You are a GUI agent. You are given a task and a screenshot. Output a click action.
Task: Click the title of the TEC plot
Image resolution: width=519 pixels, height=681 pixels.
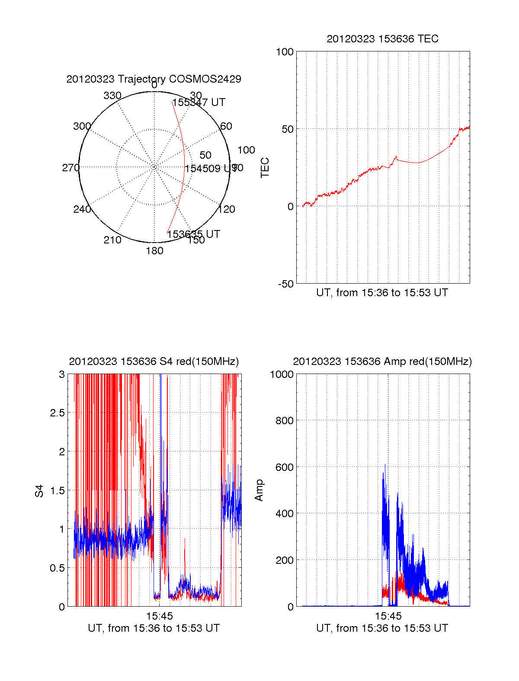coord(382,39)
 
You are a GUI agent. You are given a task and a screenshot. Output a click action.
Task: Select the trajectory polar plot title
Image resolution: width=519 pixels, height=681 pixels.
coord(154,79)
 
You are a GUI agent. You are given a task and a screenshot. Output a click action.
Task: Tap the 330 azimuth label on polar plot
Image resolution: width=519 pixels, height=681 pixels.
coord(112,96)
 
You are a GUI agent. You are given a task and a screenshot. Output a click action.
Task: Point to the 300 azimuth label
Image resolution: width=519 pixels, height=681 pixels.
coord(82,126)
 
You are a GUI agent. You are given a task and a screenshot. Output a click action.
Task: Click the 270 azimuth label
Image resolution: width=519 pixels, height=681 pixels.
coord(70,168)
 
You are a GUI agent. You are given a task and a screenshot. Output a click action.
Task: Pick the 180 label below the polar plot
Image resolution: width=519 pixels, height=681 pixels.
coord(154,251)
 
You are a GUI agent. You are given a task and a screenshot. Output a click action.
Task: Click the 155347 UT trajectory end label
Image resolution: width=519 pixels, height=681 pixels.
coord(199,102)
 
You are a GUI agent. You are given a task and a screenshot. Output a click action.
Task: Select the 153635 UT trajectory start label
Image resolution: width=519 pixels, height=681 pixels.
coord(193,234)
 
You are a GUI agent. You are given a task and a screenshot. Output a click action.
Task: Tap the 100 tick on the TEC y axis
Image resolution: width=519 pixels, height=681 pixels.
coord(285,52)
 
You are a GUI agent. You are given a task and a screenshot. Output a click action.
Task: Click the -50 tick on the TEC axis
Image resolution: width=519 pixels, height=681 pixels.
coord(285,284)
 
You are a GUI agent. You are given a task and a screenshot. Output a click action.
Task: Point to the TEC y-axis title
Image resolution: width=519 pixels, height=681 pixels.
coord(265,168)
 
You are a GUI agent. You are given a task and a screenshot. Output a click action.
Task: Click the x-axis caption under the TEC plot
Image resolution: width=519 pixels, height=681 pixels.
coord(382,293)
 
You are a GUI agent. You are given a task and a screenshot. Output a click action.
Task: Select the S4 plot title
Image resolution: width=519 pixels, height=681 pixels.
coord(154,361)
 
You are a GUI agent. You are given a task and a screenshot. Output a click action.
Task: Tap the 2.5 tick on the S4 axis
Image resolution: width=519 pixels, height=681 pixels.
coord(57,413)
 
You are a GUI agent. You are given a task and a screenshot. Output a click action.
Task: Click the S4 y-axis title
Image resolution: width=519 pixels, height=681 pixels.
coord(39,491)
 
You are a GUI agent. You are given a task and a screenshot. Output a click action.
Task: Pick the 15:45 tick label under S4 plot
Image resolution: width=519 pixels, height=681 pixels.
coord(159,616)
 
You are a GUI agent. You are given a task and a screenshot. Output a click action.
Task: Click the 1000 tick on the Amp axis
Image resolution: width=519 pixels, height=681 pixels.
coord(282,374)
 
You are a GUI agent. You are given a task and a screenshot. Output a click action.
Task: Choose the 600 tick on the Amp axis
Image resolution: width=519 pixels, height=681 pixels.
coord(285,467)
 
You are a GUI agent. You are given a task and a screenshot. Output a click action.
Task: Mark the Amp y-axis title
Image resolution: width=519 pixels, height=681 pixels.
coord(259,490)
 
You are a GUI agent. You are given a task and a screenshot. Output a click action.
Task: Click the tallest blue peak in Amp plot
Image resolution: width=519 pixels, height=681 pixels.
coord(385,465)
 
